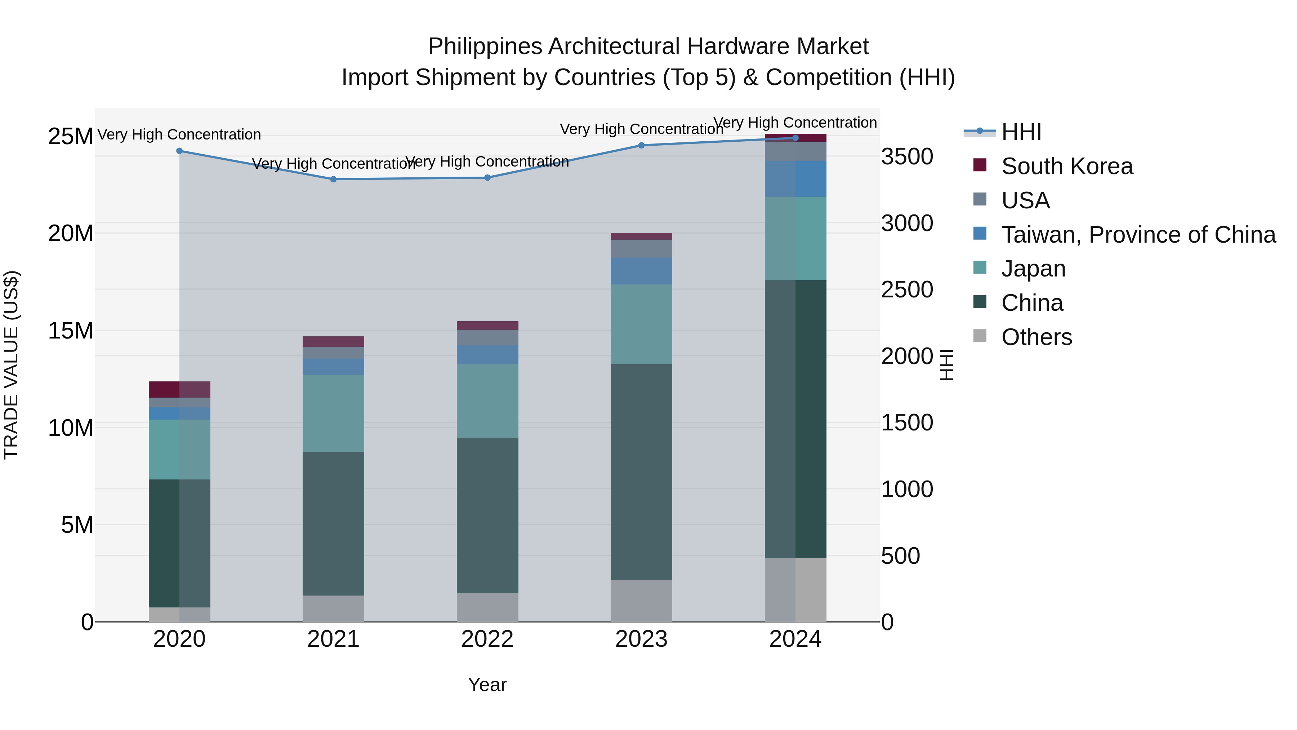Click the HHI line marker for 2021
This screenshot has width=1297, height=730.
pyautogui.click(x=333, y=180)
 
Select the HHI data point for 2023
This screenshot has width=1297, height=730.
pyautogui.click(x=641, y=146)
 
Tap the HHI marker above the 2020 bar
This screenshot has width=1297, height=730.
pyautogui.click(x=179, y=151)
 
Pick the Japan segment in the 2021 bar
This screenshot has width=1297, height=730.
pyautogui.click(x=333, y=413)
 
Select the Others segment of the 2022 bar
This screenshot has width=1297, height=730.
pyautogui.click(x=487, y=607)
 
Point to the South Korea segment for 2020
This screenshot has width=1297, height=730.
pyautogui.click(x=179, y=389)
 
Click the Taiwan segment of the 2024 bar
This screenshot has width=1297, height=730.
pyautogui.click(x=795, y=179)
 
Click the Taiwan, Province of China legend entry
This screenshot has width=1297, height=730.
pyautogui.click(x=1138, y=235)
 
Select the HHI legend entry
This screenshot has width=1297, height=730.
pyautogui.click(x=1021, y=132)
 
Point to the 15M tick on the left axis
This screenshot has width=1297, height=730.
pyautogui.click(x=71, y=331)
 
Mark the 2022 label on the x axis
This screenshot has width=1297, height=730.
pyautogui.click(x=487, y=639)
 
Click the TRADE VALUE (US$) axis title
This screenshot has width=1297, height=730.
pyautogui.click(x=11, y=365)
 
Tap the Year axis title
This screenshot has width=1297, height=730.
pyautogui.click(x=487, y=685)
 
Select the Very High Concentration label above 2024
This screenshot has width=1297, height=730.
pyautogui.click(x=795, y=123)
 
